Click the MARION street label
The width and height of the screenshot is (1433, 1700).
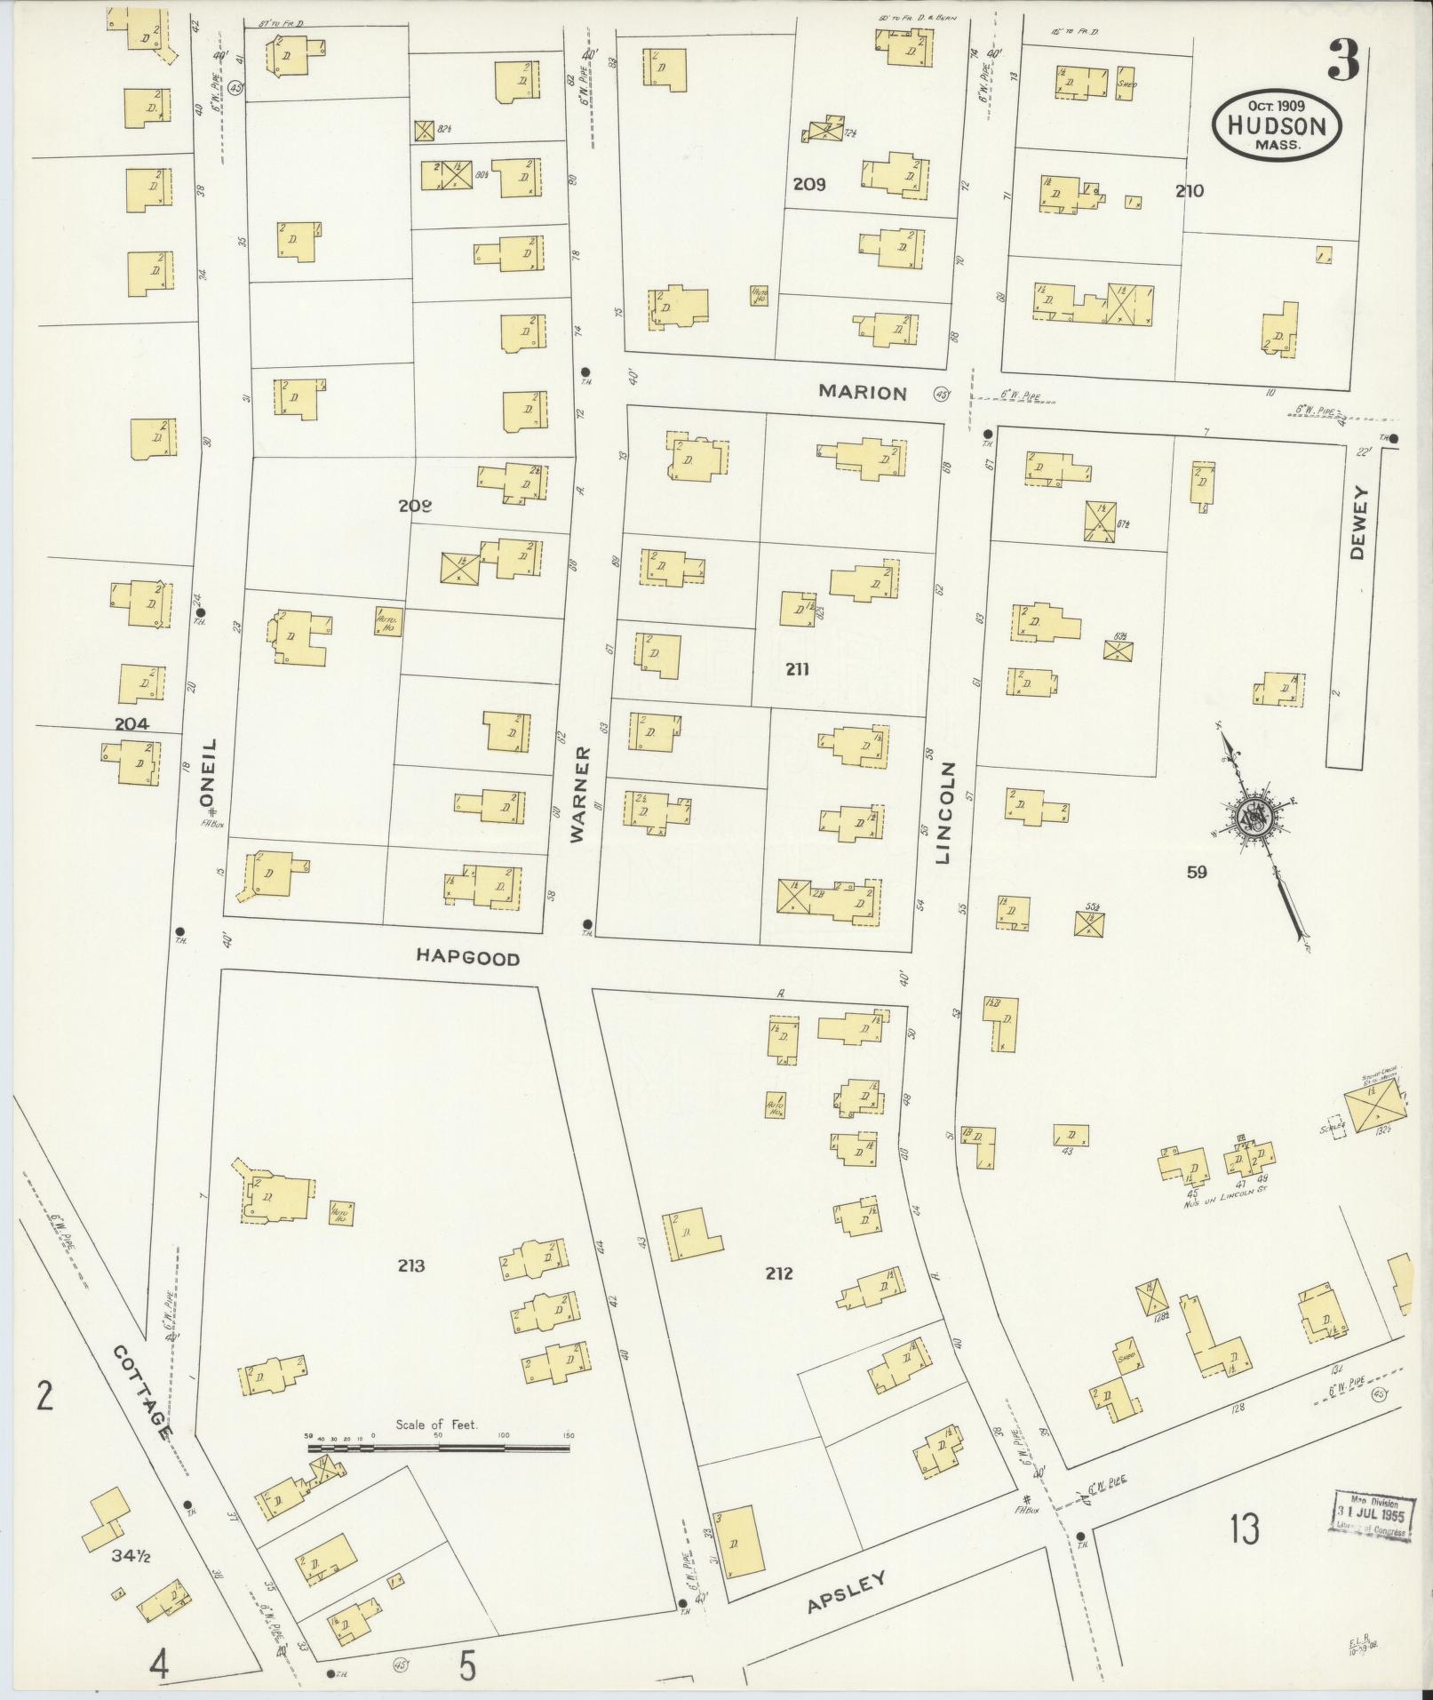tap(863, 392)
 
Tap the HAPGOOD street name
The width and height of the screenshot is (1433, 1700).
tap(467, 957)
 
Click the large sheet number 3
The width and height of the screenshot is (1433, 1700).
tap(1343, 61)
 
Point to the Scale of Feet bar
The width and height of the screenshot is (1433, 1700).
tap(439, 1448)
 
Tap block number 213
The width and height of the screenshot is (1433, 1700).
tap(411, 1266)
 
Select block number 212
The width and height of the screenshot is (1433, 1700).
tap(779, 1273)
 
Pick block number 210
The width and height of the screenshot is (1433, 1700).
tap(1189, 190)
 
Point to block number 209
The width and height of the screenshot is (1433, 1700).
tap(809, 185)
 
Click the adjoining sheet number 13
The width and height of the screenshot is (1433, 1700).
tap(1246, 1530)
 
